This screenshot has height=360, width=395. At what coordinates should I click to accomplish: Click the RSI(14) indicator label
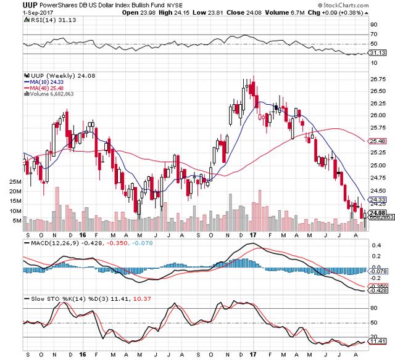[43, 20]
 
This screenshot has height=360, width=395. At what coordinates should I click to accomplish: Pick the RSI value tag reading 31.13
[376, 54]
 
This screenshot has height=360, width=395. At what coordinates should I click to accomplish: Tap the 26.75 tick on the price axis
[378, 79]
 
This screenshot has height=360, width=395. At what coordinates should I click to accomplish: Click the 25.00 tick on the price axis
[378, 166]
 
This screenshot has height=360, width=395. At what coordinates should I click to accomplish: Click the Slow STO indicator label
[43, 298]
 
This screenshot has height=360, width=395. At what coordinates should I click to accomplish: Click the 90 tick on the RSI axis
[374, 25]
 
